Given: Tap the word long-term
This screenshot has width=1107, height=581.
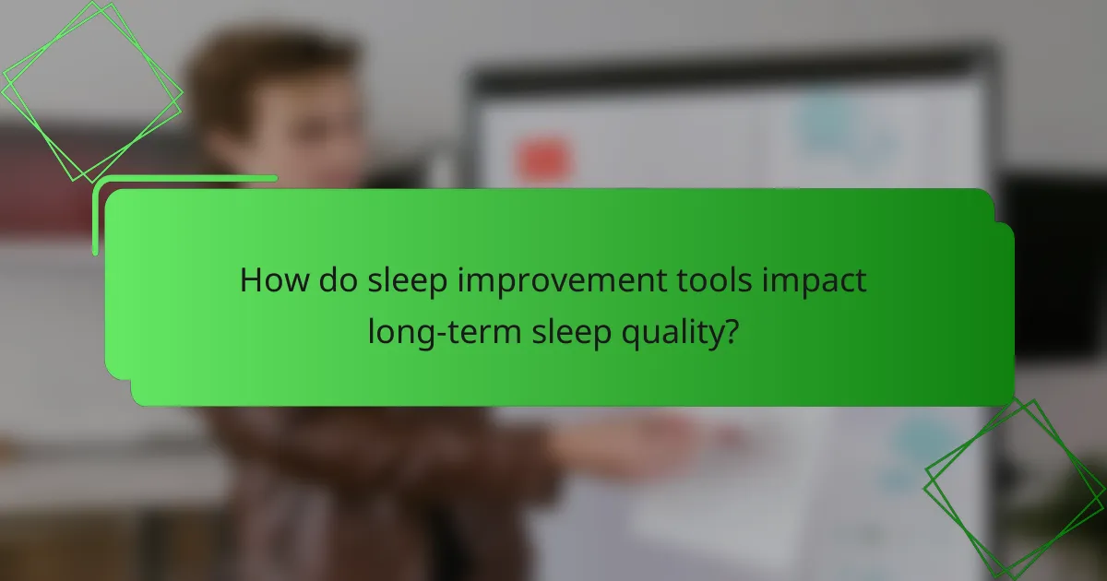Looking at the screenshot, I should (444, 331).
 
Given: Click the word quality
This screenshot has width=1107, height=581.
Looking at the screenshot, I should (668, 331).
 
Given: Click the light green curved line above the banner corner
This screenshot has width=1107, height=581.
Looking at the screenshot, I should (184, 178).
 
